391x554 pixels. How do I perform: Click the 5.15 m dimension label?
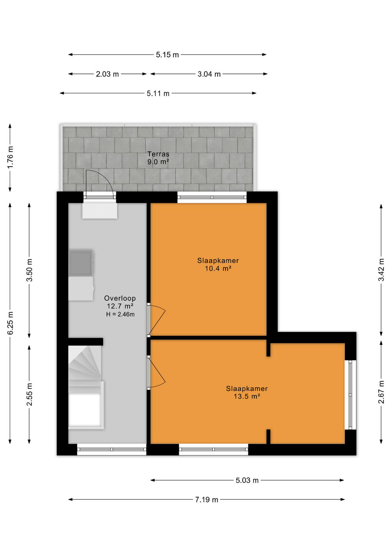click(167, 55)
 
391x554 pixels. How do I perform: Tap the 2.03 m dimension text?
click(108, 74)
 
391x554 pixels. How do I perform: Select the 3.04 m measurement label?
click(209, 74)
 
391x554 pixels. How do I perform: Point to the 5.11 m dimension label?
click(158, 93)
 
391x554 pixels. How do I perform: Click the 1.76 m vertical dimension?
click(10, 157)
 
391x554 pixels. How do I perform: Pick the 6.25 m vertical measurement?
click(10, 323)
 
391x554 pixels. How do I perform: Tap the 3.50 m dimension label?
click(29, 270)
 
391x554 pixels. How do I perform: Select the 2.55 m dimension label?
click(29, 394)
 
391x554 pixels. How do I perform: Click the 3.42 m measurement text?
click(381, 270)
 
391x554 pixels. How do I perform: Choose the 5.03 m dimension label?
click(247, 480)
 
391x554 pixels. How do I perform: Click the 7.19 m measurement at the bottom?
click(207, 500)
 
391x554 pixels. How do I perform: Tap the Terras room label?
click(158, 154)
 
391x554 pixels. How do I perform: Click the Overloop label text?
click(120, 298)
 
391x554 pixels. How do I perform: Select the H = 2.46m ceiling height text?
click(120, 314)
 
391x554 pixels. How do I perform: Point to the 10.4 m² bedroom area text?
click(218, 269)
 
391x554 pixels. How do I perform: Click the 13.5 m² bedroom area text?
click(247, 396)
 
